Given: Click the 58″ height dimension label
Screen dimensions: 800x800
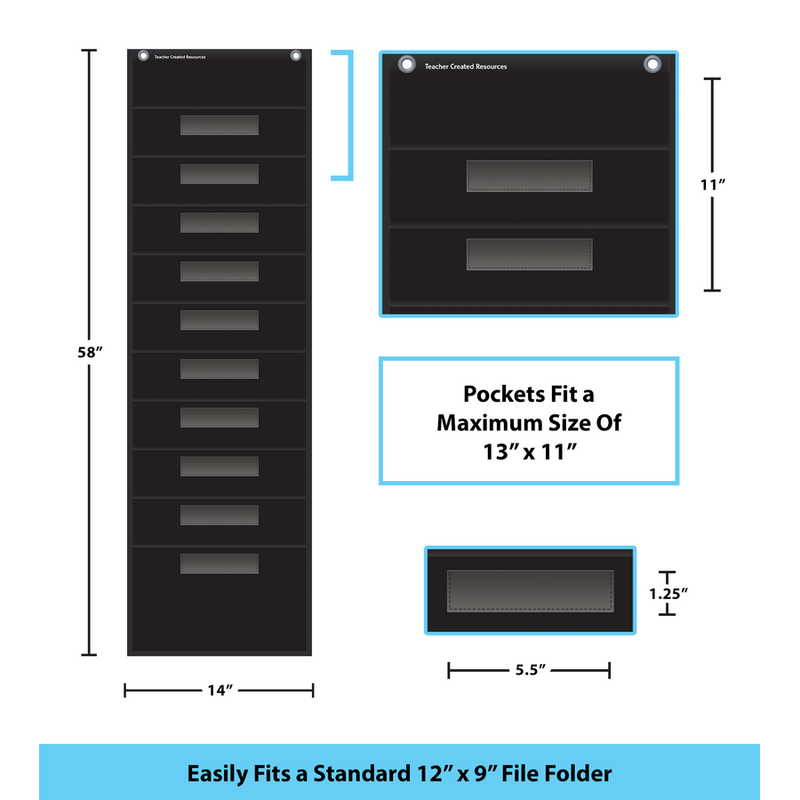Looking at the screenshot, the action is click(90, 352).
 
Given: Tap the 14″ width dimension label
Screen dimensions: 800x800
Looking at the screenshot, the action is click(220, 691).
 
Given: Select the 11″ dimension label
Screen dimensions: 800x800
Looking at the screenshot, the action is click(712, 184).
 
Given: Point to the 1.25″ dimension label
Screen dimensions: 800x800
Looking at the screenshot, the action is click(668, 594).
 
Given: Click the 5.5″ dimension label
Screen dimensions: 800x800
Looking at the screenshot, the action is click(530, 669).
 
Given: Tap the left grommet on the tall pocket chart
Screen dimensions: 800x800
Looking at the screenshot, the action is click(143, 56).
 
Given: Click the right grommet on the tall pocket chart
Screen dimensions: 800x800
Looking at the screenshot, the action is click(295, 56).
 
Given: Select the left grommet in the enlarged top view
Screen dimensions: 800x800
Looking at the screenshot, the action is click(406, 64).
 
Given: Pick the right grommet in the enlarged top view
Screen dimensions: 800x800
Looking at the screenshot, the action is click(652, 64).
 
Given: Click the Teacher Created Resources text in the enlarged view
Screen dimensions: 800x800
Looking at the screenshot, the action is click(466, 67).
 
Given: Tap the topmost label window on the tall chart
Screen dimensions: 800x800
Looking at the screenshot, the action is click(220, 125).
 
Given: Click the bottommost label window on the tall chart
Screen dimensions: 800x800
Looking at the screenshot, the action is click(220, 564).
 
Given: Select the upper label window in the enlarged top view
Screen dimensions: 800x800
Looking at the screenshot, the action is click(530, 176).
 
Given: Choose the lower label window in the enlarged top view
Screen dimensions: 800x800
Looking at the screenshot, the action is click(530, 254).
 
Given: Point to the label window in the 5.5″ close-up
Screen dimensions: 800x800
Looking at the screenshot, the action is click(530, 591).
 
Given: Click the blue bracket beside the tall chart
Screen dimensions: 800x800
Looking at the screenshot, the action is click(350, 116).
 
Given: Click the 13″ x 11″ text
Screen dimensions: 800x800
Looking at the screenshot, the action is click(530, 452).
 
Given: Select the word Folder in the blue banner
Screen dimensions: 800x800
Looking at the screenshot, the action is click(582, 773).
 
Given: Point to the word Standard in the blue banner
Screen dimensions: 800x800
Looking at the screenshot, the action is click(362, 773).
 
